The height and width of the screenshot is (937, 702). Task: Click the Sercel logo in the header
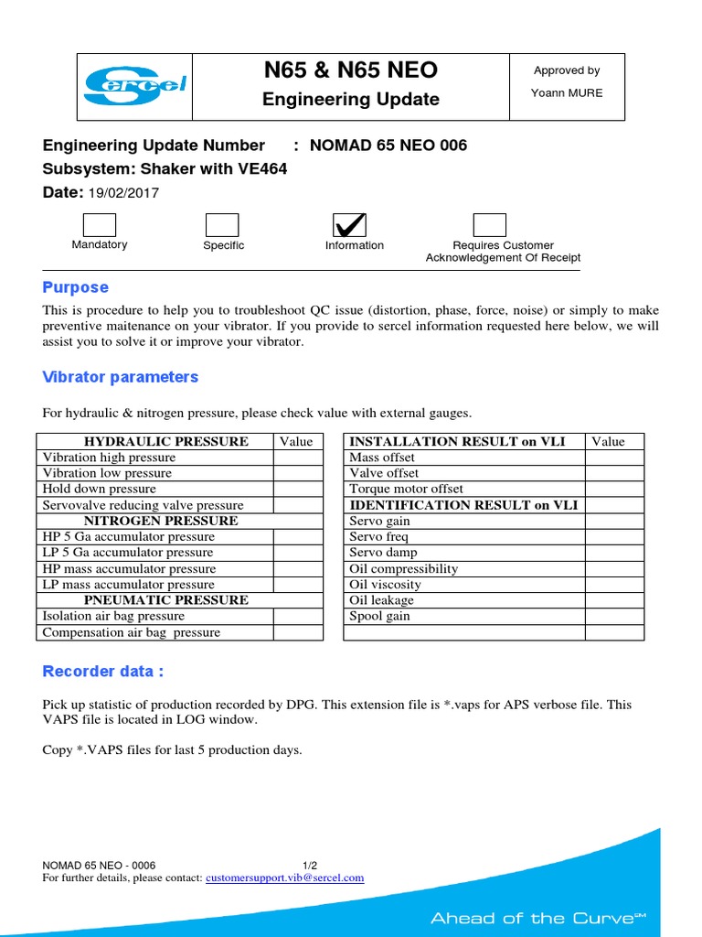point(134,86)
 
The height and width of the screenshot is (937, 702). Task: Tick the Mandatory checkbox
point(100,225)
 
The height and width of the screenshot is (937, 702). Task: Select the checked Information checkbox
point(350,225)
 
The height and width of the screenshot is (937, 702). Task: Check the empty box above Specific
point(222,225)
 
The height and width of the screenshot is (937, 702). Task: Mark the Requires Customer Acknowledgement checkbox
point(489,225)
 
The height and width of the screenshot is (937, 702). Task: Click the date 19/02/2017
point(122,192)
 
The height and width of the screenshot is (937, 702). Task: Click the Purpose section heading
point(76,287)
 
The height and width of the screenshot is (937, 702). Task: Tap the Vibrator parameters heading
point(121,377)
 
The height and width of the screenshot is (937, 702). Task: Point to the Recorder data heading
point(103,672)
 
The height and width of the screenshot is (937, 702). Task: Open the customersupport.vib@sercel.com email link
point(284,878)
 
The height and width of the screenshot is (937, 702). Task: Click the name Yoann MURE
point(567,93)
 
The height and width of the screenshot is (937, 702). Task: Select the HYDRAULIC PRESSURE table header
point(166,441)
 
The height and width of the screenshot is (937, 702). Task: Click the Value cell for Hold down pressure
point(297,490)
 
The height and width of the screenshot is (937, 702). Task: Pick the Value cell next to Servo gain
point(614,521)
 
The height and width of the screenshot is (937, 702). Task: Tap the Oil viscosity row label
point(385,585)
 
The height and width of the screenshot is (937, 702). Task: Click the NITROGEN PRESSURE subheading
point(161,521)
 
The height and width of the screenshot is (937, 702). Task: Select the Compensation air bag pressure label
point(132,632)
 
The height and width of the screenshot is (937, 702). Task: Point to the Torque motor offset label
point(406,490)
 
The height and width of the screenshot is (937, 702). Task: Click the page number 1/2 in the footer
point(310,866)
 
